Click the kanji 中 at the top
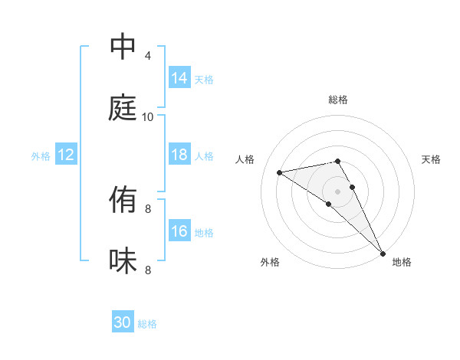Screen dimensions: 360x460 tap(123, 46)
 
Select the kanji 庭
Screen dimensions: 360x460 tap(123, 107)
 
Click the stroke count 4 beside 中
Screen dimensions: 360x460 tap(148, 56)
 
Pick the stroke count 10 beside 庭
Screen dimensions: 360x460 tap(148, 117)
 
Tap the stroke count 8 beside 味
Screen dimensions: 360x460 tap(148, 270)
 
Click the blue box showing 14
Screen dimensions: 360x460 tap(179, 78)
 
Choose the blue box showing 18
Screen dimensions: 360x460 tap(179, 155)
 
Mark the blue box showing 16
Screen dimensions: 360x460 tap(179, 231)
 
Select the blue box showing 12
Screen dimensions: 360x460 tap(66, 155)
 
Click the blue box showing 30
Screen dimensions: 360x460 tap(123, 322)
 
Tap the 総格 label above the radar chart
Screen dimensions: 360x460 tap(338, 100)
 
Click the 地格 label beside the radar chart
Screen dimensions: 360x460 tap(402, 262)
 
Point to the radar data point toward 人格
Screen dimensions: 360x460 tap(279, 172)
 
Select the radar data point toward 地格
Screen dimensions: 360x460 tap(383, 254)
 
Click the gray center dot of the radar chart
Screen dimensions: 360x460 tap(338, 190)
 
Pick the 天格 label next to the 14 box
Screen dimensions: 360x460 tap(204, 79)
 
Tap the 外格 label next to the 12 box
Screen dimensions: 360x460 tap(41, 155)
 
